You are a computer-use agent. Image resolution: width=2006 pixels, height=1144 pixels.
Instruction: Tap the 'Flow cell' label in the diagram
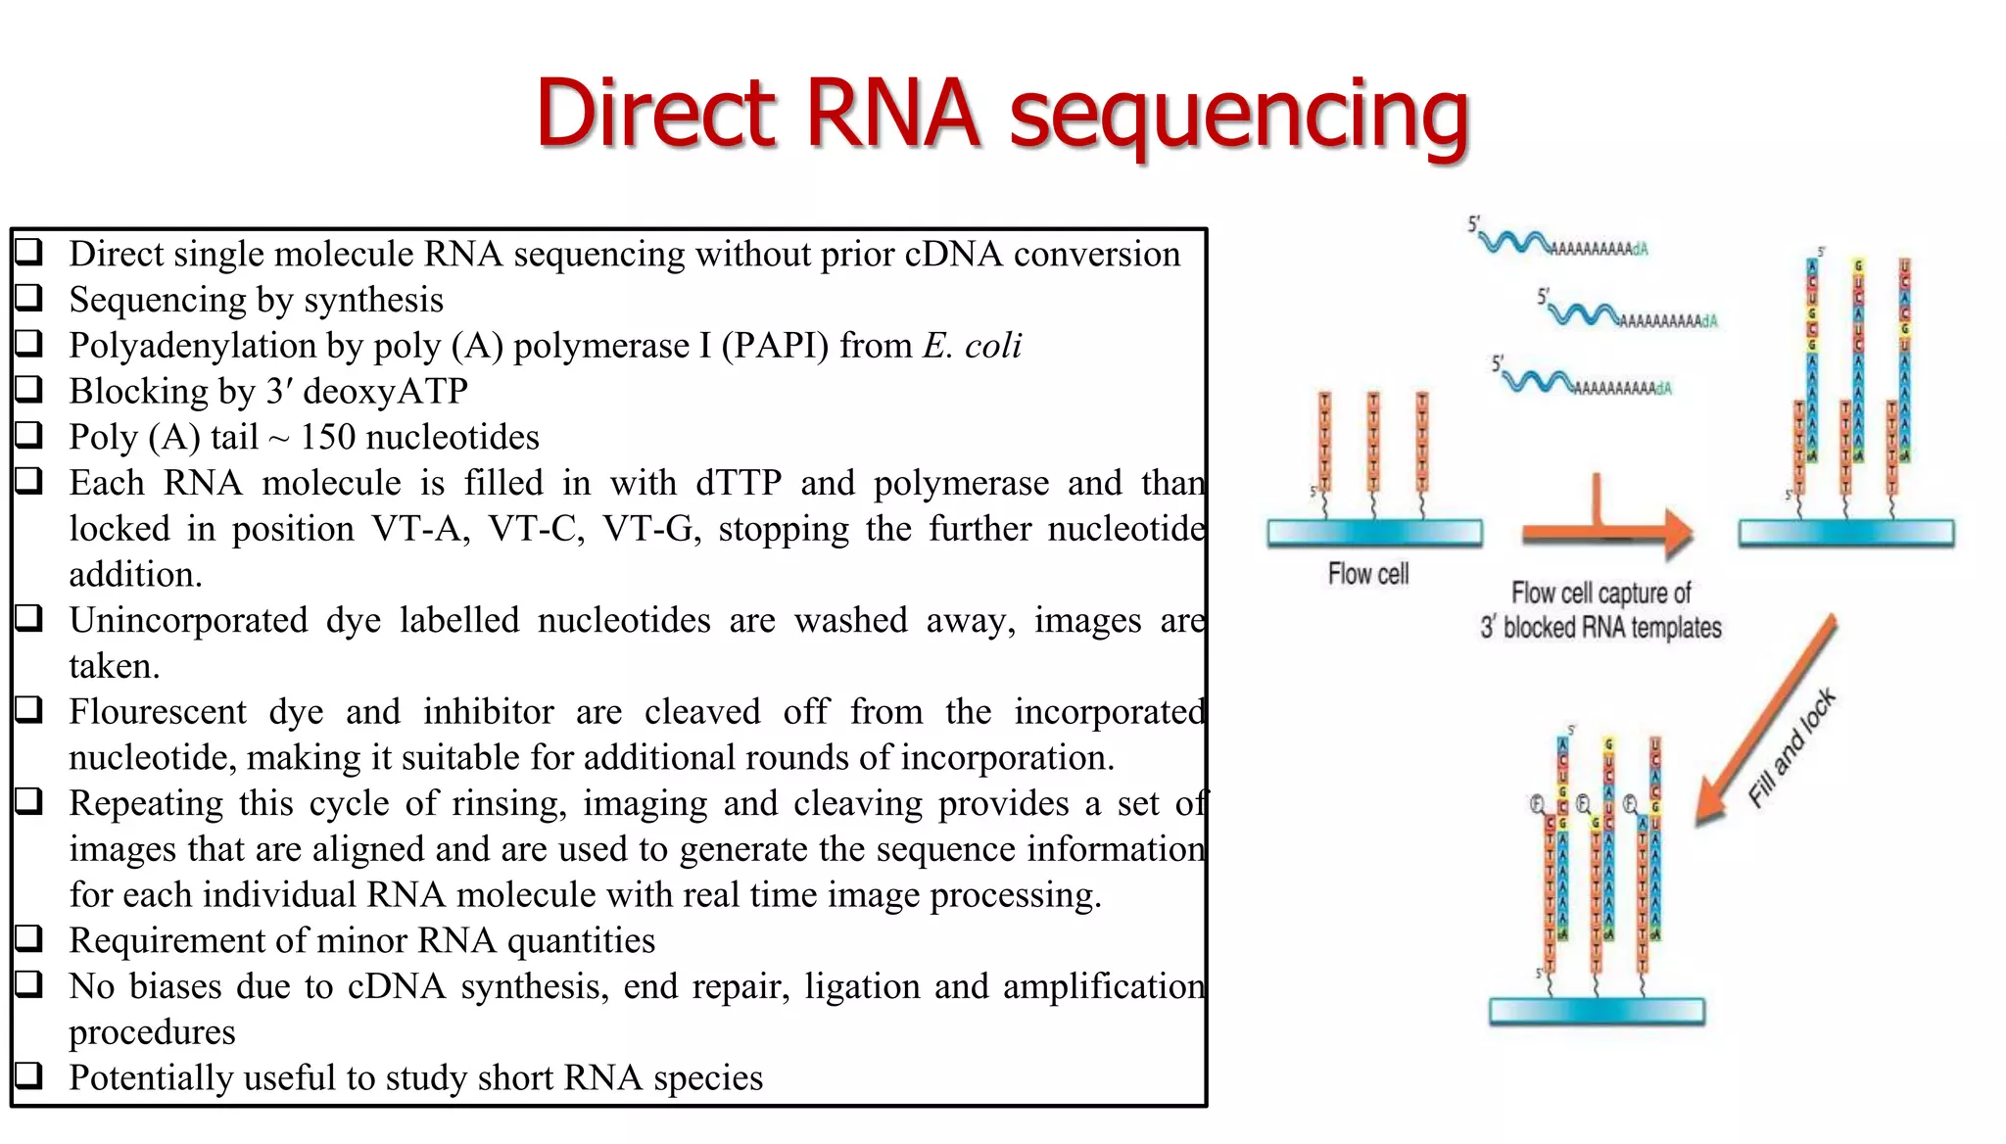pos(1367,574)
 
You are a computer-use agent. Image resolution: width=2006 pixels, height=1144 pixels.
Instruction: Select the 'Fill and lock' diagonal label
pos(1792,748)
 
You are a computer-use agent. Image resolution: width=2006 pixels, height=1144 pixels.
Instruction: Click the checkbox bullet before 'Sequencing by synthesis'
pos(28,297)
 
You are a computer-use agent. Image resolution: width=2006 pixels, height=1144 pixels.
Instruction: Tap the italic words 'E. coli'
pos(972,346)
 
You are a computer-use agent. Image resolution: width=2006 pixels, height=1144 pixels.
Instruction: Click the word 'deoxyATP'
pos(385,392)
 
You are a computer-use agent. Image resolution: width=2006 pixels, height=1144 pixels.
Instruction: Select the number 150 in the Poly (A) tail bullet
pos(327,437)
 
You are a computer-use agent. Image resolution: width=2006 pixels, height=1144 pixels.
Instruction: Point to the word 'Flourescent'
pos(158,712)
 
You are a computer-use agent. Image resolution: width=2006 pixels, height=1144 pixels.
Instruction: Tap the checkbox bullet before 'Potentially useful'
pos(28,1075)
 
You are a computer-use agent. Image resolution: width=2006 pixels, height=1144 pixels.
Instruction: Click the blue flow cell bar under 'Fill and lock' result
pos(1597,1010)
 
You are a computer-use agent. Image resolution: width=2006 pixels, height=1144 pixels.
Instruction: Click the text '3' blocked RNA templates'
pos(1600,628)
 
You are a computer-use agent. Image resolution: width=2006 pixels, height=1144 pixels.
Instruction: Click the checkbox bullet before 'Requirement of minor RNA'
pos(28,938)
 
